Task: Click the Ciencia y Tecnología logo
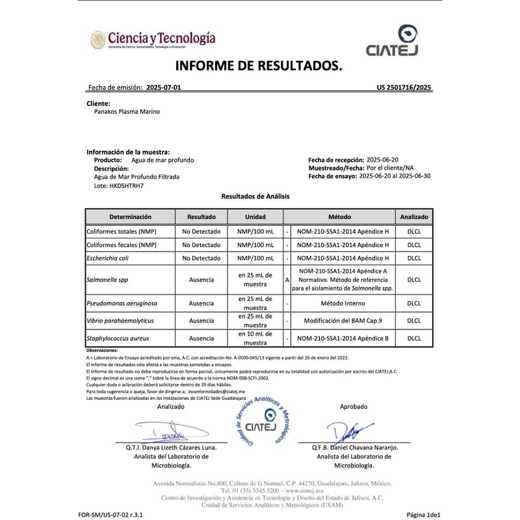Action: (x=153, y=40)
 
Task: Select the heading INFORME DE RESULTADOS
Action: (x=259, y=67)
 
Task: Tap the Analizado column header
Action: (x=414, y=216)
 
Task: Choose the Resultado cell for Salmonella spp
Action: (x=201, y=279)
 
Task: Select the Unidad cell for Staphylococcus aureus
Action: (x=254, y=339)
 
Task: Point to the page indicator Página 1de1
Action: (x=424, y=513)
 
